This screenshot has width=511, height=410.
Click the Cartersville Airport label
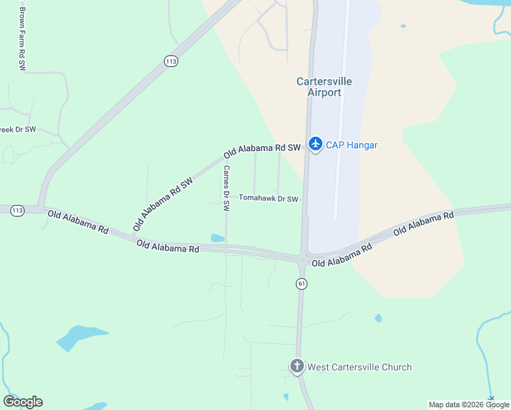(x=324, y=87)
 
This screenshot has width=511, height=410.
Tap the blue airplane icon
(x=315, y=144)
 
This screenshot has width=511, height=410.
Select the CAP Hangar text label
(x=351, y=145)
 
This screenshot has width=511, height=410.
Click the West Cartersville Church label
(x=359, y=367)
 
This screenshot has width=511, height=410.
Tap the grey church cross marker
(x=297, y=366)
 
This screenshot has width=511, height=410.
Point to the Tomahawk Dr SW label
(x=268, y=199)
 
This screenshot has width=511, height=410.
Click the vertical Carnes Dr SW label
(x=226, y=189)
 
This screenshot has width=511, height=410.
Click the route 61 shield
(x=301, y=283)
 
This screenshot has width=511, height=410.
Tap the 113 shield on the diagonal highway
(x=171, y=61)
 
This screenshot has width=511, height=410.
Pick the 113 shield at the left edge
(x=17, y=210)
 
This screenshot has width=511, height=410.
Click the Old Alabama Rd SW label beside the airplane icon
(x=262, y=148)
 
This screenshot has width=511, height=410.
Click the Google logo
(x=23, y=402)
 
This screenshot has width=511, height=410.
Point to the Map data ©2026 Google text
(x=469, y=405)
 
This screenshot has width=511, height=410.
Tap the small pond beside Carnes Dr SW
(x=217, y=238)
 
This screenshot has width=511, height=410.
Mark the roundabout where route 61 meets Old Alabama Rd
(x=301, y=258)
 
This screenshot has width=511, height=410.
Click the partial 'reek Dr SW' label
(x=18, y=129)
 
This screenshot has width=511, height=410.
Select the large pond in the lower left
(x=79, y=337)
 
